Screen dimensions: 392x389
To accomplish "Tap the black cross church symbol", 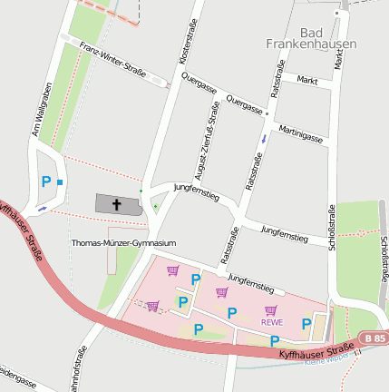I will coord(117,205).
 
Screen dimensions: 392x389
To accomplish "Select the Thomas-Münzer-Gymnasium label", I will coord(123,243).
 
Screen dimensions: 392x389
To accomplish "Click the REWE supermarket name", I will coord(271,321).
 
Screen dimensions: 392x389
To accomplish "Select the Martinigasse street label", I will coord(300,134).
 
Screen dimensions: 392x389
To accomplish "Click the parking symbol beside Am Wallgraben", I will coord(45,182).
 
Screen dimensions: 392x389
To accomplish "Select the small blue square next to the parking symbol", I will coord(60,182).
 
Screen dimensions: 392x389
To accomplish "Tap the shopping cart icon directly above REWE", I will coord(270,309).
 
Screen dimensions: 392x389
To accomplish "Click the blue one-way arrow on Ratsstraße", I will coord(264,139).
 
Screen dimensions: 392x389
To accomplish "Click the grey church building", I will coord(119,205).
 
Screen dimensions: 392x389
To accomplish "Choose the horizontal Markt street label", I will coord(307,81).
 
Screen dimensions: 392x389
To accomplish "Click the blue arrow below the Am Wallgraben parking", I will coord(43,207).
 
